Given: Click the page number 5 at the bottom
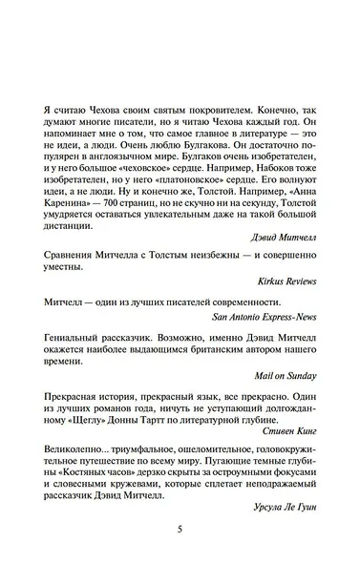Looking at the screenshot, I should pos(180,531).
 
